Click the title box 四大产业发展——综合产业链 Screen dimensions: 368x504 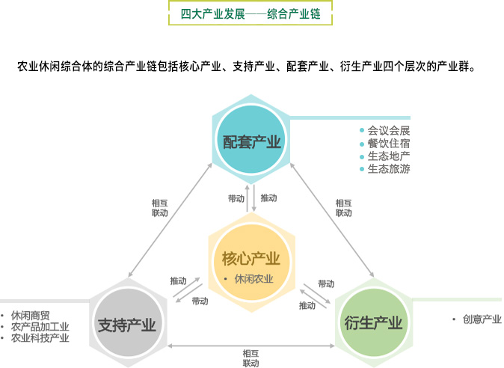251,15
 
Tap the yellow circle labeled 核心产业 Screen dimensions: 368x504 251,260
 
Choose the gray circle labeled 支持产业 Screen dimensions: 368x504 126,324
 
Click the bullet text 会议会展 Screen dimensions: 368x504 389,130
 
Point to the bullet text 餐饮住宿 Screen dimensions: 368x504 389,143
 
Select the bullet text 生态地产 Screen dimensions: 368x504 389,156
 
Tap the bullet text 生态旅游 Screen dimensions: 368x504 389,168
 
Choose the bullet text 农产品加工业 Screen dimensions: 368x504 40,327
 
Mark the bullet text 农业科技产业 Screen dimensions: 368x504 40,338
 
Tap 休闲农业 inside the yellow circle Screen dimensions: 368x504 253,279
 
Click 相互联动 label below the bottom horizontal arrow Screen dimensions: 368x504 251,358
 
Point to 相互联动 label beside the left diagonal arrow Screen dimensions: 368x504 159,207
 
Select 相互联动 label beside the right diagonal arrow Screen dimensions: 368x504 343,207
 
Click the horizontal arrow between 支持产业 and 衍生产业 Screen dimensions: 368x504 251,345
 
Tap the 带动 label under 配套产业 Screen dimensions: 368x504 236,198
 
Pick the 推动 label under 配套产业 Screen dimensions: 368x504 268,198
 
